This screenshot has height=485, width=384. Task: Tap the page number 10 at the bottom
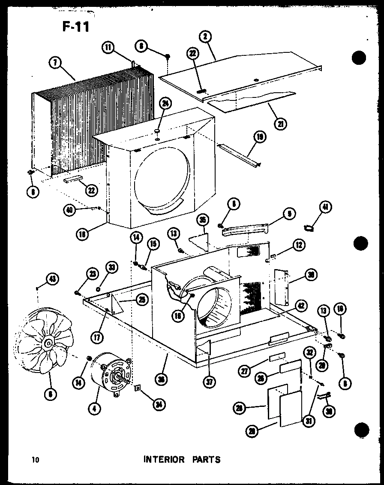point(35,460)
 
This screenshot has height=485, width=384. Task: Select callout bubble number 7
point(55,63)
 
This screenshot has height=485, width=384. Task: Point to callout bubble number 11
point(108,48)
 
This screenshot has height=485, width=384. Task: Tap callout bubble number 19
point(260,137)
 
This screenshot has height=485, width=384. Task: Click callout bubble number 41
point(326,207)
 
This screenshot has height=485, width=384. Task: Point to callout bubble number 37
point(209,382)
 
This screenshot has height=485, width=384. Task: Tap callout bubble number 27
point(245,372)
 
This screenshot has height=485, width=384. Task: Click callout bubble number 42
point(301,306)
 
